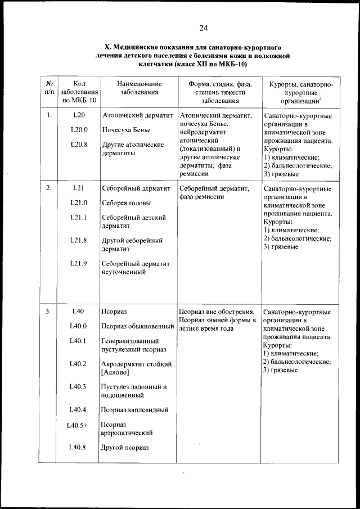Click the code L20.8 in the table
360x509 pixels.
pos(79,145)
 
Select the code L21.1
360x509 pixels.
pos(78,218)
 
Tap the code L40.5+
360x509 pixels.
pos(78,425)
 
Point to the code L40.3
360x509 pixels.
pos(78,386)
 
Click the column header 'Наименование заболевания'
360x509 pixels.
pos(138,88)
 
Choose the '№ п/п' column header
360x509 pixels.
pos(49,88)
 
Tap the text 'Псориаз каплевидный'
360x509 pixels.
pos(134,410)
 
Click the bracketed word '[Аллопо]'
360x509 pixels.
pos(116,372)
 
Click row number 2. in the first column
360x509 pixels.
pos(49,188)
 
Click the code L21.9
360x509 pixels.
pos(78,263)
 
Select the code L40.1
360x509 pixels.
pos(78,341)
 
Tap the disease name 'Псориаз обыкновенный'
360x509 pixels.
pos(137,326)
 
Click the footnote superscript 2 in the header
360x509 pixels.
pos(321,97)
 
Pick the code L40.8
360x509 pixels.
pos(78,447)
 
